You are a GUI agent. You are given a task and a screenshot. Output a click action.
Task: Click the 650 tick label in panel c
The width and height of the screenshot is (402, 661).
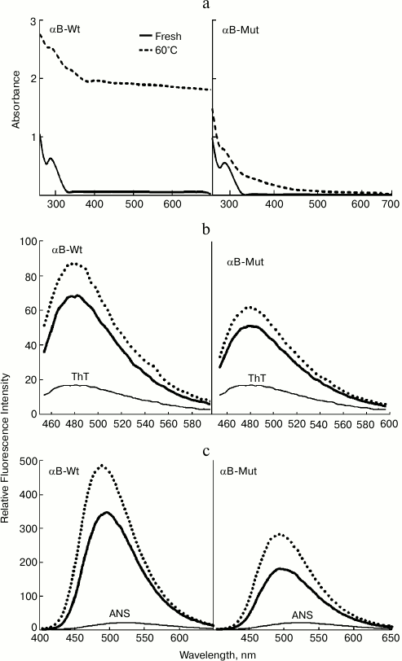click(389, 640)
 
